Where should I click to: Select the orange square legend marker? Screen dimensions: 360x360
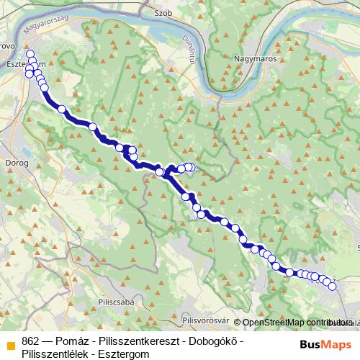(x=9, y=342)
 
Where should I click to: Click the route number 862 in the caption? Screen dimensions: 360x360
(x=31, y=341)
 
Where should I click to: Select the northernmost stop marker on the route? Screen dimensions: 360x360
(x=30, y=54)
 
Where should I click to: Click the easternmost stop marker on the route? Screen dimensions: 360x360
(x=333, y=287)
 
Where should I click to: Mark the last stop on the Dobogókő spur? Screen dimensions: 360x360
(x=191, y=167)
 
